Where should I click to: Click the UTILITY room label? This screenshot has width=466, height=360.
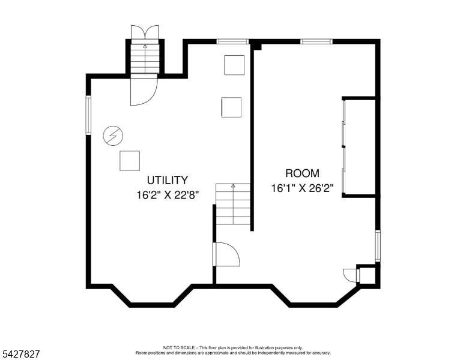pos(168,180)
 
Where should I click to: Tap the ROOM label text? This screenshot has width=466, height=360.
pos(302,173)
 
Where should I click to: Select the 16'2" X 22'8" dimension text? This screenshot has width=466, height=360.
pos(168,195)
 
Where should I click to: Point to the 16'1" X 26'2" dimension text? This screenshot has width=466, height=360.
pos(302,188)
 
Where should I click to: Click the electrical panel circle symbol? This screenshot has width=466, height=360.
pos(113,136)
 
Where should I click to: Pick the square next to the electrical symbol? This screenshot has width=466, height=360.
pos(130,161)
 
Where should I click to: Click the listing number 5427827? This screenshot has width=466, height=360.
pos(21,354)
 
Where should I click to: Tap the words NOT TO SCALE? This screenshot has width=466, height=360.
pos(178,347)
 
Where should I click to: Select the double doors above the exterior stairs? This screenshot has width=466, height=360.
pos(145,32)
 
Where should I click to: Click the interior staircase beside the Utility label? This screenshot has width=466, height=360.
pos(233,204)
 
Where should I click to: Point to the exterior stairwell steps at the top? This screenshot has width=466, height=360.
pos(145,59)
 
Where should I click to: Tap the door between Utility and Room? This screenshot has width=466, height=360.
pos(226,254)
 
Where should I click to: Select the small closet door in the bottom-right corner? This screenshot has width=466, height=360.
pos(351,275)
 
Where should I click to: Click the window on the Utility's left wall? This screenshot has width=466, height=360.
pos(88,115)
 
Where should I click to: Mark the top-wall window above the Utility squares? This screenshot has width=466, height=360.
pos(232,41)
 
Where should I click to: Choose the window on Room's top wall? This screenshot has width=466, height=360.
pos(316,41)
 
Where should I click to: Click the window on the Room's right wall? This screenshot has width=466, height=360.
pos(378,245)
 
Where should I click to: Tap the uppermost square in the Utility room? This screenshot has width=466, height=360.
pos(234,65)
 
